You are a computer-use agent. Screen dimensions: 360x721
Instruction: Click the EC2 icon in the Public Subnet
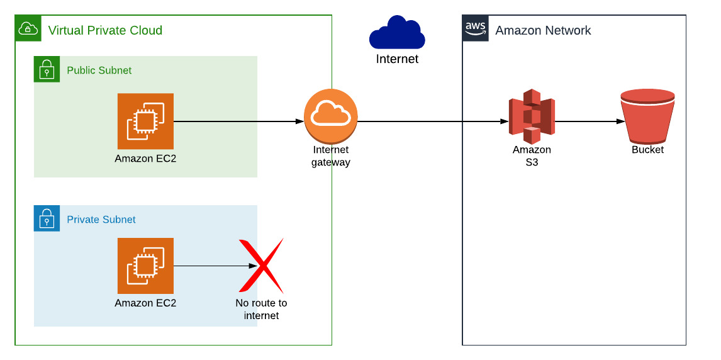tap(145, 121)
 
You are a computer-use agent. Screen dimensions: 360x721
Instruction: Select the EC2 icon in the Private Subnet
tap(145, 266)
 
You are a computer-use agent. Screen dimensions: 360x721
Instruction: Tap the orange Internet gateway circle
tap(331, 116)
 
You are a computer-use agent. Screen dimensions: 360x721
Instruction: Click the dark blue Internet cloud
tap(396, 33)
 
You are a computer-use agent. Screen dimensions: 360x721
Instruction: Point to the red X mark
tap(261, 266)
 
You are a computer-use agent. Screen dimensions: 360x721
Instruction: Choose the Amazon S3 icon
tap(532, 116)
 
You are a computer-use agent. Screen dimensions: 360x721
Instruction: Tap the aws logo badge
tap(476, 28)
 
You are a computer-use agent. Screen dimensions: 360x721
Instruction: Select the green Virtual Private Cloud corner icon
tap(28, 28)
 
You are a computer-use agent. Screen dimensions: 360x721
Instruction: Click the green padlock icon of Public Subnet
tap(47, 69)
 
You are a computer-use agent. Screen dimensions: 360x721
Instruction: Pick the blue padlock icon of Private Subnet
tap(47, 218)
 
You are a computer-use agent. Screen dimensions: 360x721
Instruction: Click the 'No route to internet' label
tap(261, 309)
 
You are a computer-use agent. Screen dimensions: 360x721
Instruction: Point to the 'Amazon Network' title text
tap(543, 30)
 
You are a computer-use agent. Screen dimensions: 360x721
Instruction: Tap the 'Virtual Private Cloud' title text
tap(105, 30)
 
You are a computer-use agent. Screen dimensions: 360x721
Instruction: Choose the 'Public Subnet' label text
tap(99, 70)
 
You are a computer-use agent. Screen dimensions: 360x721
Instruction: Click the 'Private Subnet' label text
tap(101, 220)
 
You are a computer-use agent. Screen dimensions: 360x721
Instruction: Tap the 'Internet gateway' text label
tap(331, 156)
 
